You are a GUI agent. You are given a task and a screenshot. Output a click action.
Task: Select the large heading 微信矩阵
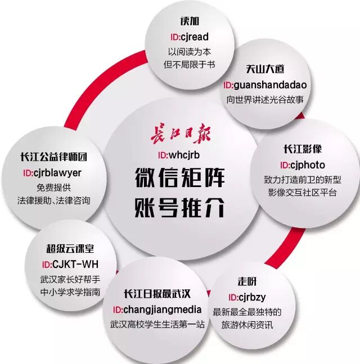pos(180,179)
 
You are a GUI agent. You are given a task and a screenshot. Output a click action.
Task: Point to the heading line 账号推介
pos(180,208)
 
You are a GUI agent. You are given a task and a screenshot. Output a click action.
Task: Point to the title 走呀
pos(247,281)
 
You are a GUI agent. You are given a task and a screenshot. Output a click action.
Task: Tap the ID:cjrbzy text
pos(247,297)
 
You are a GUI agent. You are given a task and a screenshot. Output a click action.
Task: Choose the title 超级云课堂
pos(70,249)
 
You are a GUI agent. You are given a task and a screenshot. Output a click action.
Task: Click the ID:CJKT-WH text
pos(70,265)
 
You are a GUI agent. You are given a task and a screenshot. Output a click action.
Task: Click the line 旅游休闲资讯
pos(247,325)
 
